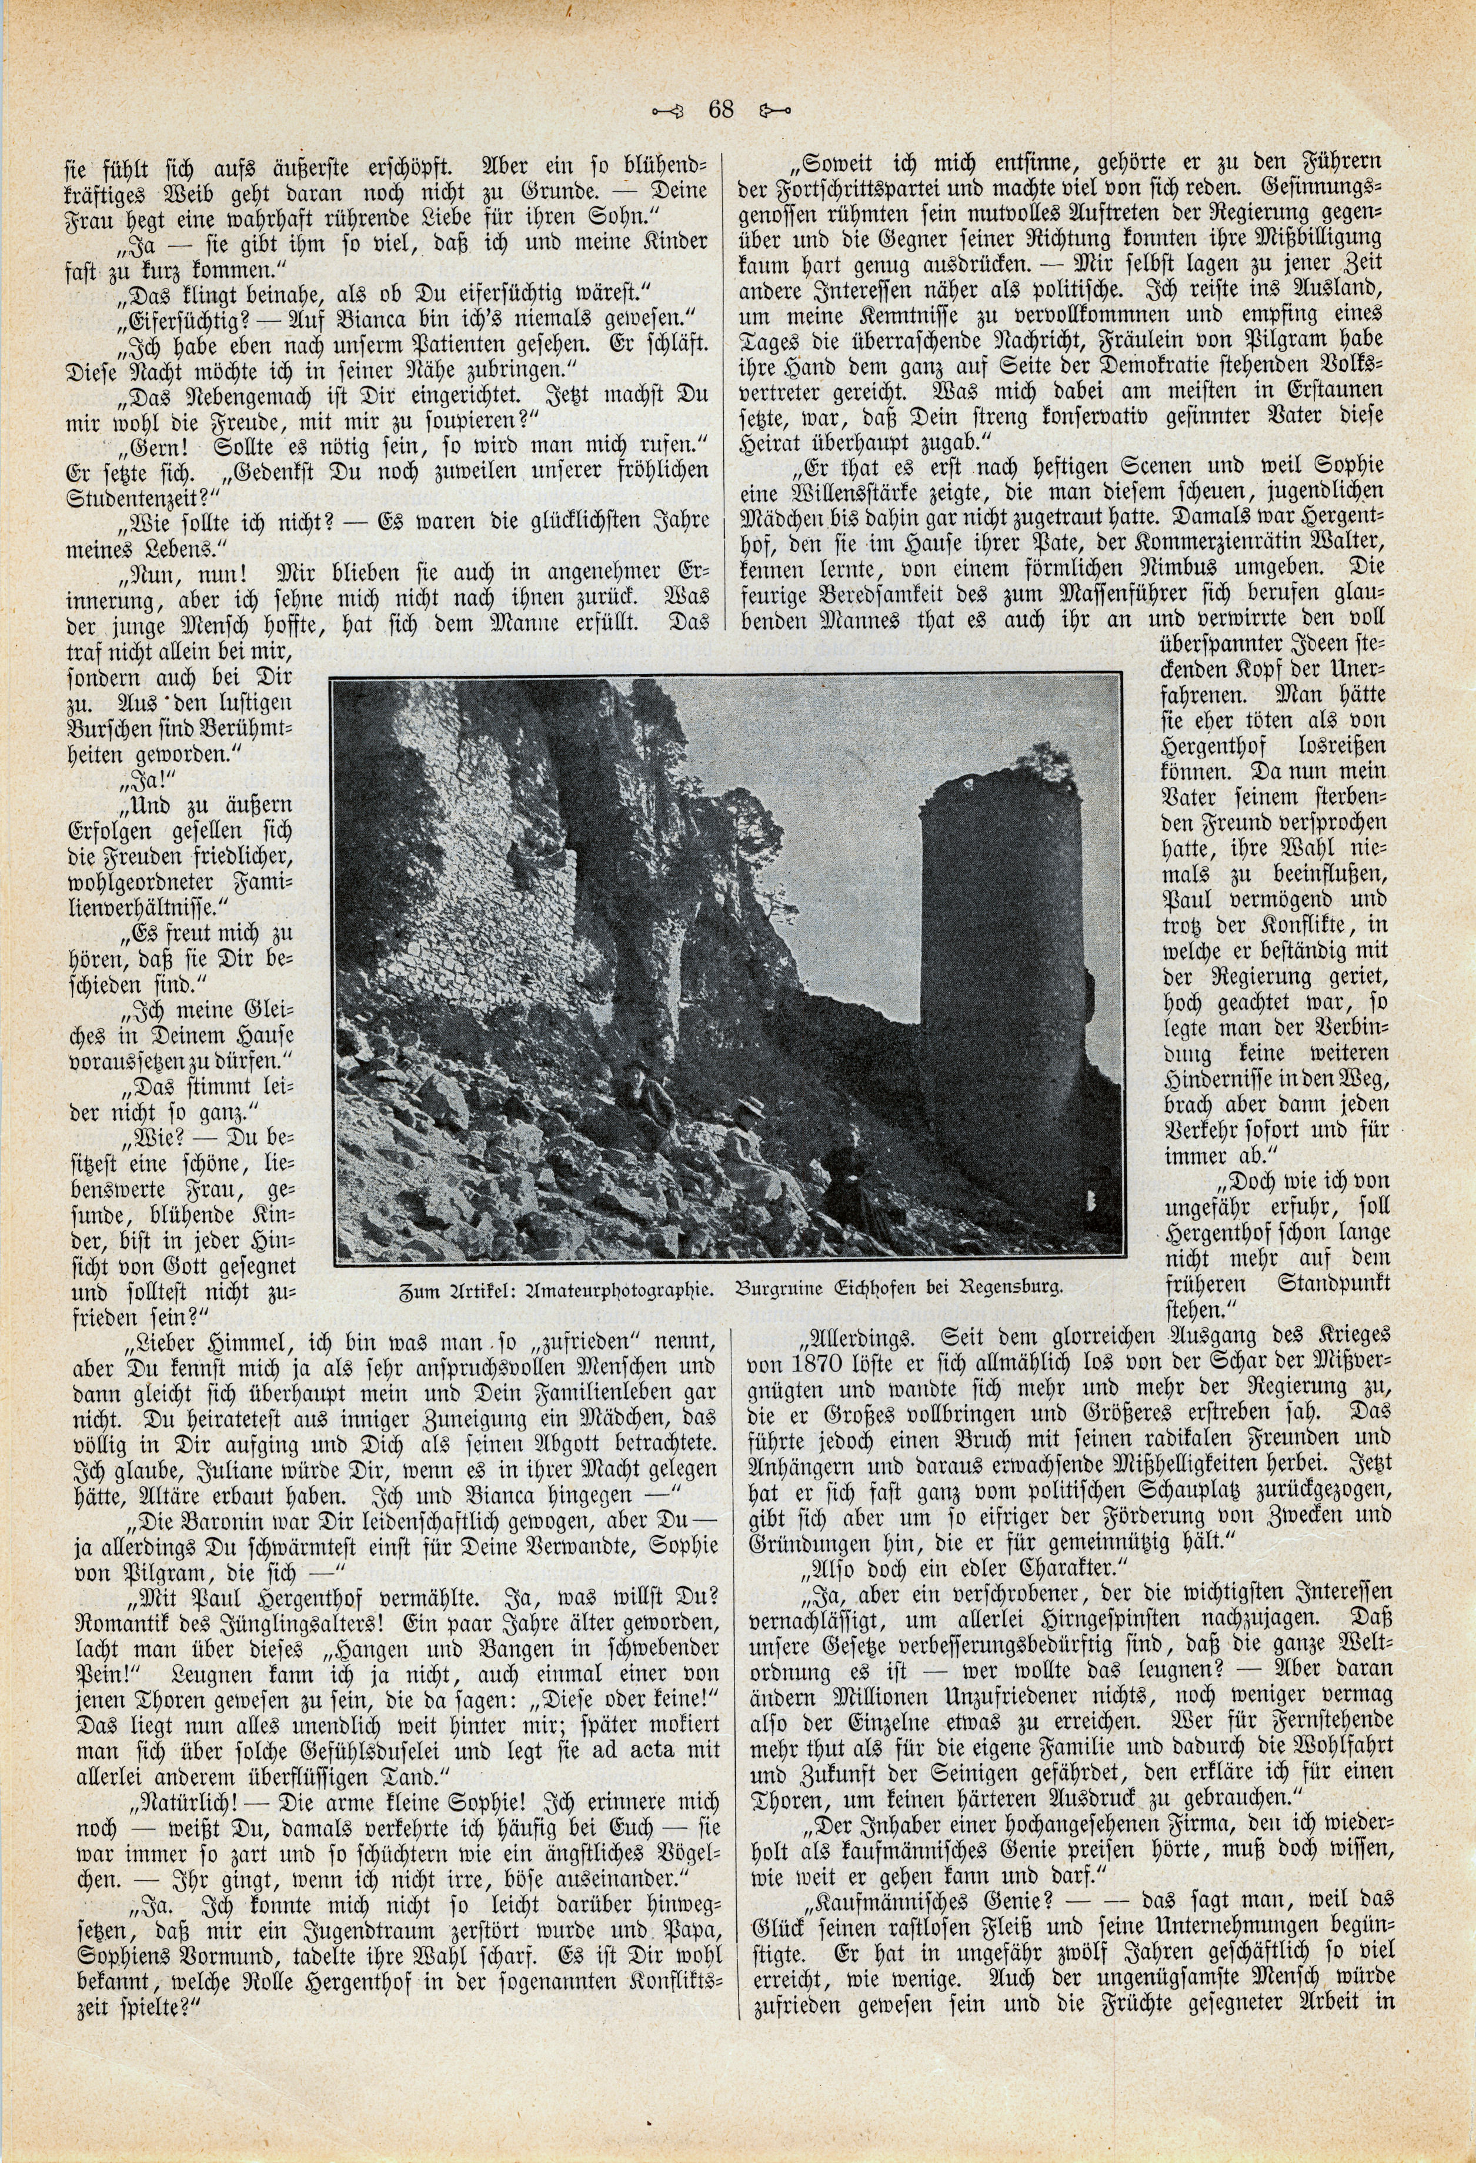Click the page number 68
722,110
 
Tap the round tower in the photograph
1000,987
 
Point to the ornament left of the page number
668,111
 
